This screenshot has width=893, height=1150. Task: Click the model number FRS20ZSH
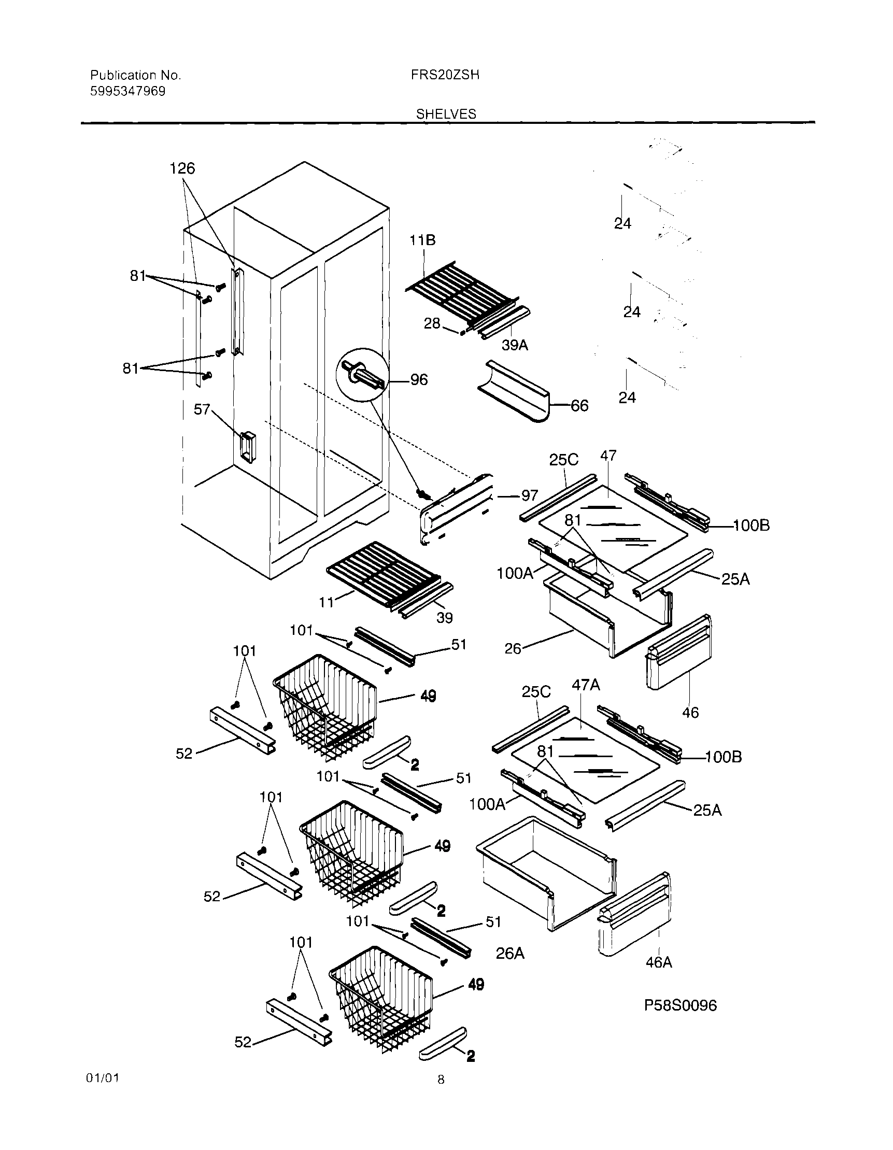pyautogui.click(x=445, y=75)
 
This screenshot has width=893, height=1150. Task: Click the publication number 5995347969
pyautogui.click(x=127, y=91)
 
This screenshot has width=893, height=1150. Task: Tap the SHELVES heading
pyautogui.click(x=446, y=113)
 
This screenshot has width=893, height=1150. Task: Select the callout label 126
pyautogui.click(x=182, y=168)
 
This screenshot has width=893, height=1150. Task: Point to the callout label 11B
pyautogui.click(x=423, y=240)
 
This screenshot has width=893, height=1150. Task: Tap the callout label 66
pyautogui.click(x=580, y=405)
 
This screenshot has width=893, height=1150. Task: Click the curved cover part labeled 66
pyautogui.click(x=514, y=392)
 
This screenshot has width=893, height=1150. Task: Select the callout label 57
pyautogui.click(x=202, y=409)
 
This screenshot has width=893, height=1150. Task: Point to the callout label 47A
pyautogui.click(x=586, y=685)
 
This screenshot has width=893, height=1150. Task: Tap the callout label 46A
pyautogui.click(x=659, y=962)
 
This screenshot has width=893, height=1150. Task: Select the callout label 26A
pyautogui.click(x=509, y=954)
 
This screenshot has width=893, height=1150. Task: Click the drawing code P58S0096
pyautogui.click(x=681, y=1006)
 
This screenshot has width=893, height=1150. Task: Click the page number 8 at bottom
pyautogui.click(x=441, y=1081)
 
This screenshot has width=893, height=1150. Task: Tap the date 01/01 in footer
pyautogui.click(x=103, y=1078)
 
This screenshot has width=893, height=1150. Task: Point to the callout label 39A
pyautogui.click(x=515, y=346)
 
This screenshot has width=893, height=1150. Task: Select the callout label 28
pyautogui.click(x=432, y=323)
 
